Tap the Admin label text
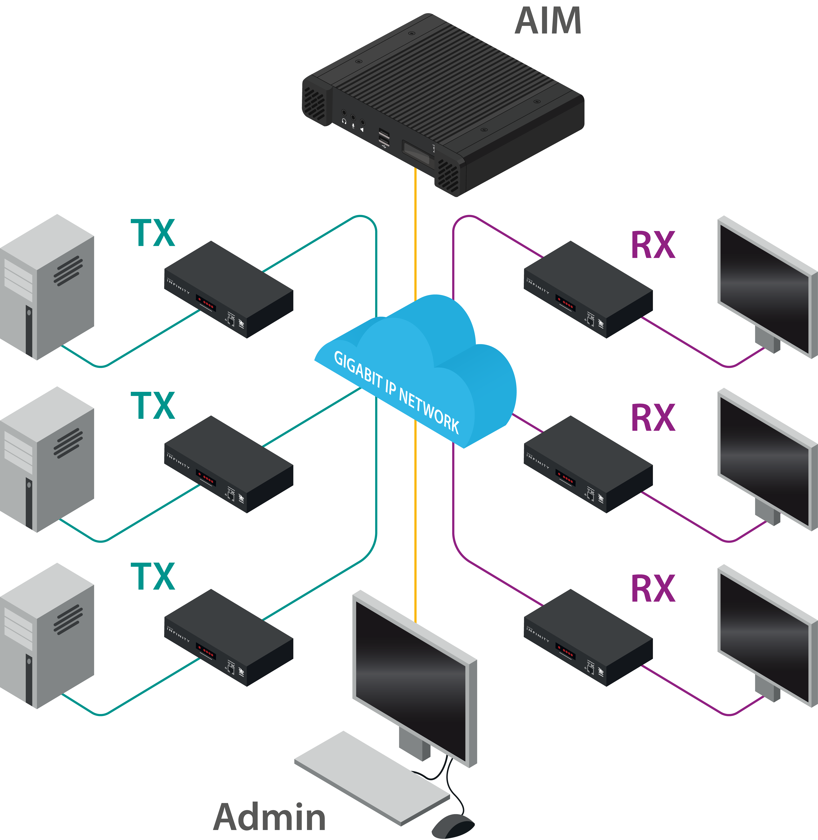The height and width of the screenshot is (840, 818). pyautogui.click(x=269, y=817)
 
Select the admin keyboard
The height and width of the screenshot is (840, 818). pyautogui.click(x=372, y=777)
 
